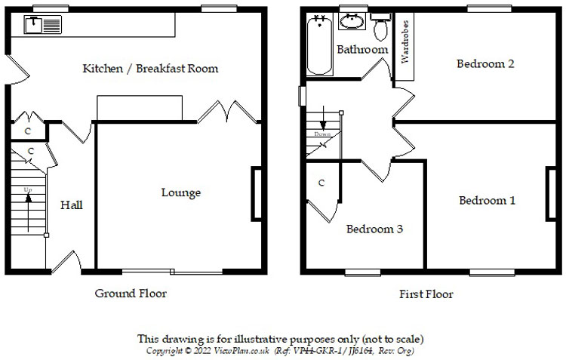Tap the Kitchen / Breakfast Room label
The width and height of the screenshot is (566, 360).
click(150, 69)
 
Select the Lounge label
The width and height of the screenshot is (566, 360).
click(181, 193)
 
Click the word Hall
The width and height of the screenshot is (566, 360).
click(72, 205)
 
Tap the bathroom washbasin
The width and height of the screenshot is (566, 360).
click(351, 22)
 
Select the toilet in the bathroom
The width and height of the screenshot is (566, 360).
click(381, 28)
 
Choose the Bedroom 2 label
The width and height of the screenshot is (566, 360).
click(485, 64)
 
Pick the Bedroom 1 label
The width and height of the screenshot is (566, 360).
click(488, 201)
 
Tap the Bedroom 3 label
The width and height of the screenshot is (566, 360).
click(374, 229)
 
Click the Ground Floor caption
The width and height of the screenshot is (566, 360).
click(131, 294)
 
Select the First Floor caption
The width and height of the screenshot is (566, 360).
click(426, 294)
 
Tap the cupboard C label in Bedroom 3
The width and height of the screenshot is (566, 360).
click(321, 183)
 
